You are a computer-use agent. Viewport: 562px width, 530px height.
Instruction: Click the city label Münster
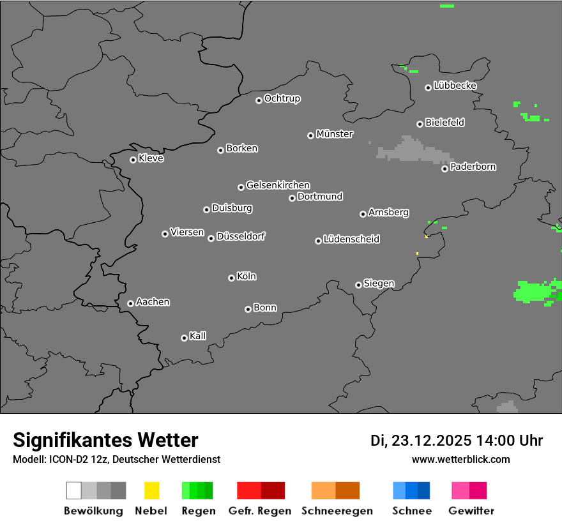click(x=335, y=134)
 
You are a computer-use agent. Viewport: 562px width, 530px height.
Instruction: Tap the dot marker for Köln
click(x=231, y=278)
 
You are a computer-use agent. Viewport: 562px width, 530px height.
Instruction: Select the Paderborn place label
click(x=473, y=167)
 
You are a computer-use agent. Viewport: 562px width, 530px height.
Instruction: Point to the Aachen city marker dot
click(x=130, y=303)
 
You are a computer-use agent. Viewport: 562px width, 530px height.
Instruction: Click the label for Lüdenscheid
click(x=351, y=239)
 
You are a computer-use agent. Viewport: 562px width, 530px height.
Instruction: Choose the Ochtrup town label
click(x=282, y=99)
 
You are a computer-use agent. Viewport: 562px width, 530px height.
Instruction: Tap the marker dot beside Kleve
click(x=133, y=160)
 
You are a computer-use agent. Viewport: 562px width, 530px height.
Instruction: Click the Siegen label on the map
click(x=379, y=284)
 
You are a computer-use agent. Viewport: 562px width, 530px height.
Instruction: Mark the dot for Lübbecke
click(x=428, y=87)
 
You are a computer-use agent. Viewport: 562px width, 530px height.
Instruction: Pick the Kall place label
click(x=198, y=336)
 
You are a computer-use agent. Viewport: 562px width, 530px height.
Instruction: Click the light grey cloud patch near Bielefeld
click(x=412, y=151)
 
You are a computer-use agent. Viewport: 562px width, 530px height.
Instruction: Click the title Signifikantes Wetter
click(x=105, y=440)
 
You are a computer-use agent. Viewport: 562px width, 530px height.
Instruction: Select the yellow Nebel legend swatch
click(x=151, y=490)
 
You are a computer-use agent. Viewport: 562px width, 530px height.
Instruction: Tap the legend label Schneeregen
click(x=337, y=511)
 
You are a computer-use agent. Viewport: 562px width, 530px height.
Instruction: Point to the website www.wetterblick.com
click(x=461, y=459)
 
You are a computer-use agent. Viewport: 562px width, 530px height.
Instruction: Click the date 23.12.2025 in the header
click(x=432, y=441)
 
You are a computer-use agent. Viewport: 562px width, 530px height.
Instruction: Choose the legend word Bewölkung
click(x=93, y=511)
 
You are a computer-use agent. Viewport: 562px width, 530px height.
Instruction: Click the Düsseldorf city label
click(x=241, y=236)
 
